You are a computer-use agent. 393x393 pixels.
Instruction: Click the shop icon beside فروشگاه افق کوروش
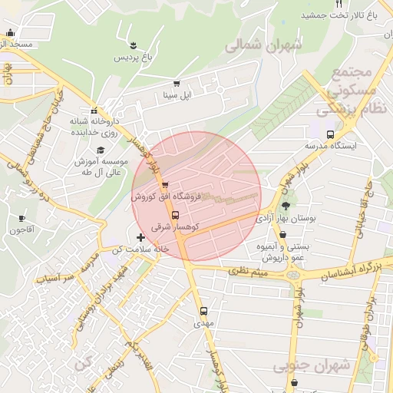165,185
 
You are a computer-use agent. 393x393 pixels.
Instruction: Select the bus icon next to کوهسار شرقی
176,215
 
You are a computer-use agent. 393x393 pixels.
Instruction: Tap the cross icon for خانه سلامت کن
140,238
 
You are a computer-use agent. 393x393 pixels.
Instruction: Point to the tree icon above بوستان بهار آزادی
286,206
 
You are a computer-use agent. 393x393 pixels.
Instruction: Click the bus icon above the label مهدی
203,311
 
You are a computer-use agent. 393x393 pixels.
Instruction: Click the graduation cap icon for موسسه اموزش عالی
101,150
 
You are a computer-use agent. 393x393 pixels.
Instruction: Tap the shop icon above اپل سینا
177,84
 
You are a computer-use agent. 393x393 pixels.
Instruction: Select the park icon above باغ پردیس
134,45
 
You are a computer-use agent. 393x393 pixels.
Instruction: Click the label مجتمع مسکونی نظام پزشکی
353,91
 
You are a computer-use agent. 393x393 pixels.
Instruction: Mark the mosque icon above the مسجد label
10,33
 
